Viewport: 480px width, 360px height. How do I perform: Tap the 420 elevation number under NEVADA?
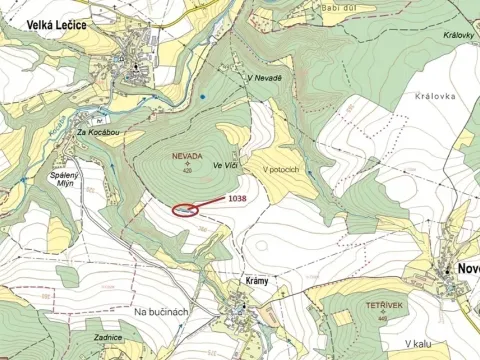click(x=187, y=170)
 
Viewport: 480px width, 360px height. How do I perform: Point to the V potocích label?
click(x=282, y=168)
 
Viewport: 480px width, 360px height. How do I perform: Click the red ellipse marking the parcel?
click(x=187, y=210)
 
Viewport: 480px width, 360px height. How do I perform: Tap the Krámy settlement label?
click(x=257, y=281)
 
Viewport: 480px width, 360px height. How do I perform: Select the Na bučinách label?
click(x=161, y=312)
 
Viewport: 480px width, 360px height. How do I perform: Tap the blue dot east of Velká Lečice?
click(x=201, y=97)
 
